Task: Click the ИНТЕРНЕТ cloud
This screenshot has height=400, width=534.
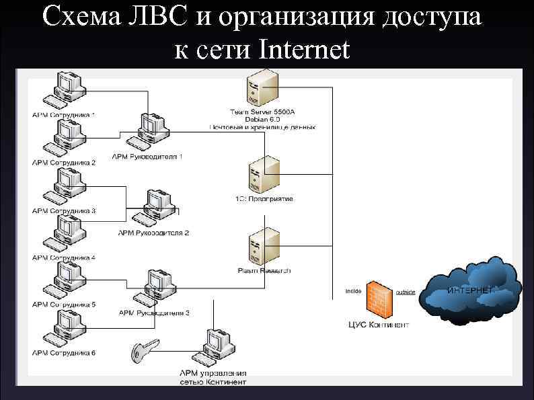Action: [471, 289]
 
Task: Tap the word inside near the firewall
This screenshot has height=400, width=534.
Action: [354, 291]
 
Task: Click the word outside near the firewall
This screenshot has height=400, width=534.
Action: [405, 292]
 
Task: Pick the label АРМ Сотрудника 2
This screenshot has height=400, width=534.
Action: [65, 163]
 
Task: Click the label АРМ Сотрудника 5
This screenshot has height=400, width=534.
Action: [65, 305]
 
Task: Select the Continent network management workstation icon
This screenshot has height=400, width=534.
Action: [219, 346]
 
